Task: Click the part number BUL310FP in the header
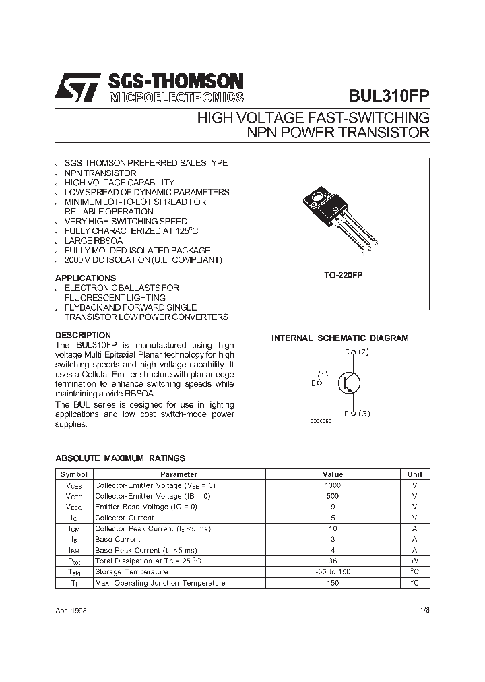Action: coord(388,95)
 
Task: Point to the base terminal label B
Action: coord(313,383)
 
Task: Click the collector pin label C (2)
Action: coord(357,352)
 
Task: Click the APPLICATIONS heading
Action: coord(86,278)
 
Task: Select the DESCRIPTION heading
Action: coord(83,335)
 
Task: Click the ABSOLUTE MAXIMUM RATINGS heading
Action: coord(120,458)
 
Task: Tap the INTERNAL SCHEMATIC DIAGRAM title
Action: coord(339,338)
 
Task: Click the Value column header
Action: coord(333,474)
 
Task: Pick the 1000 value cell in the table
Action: coord(333,485)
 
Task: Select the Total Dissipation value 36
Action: coord(333,561)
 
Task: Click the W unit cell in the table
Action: coord(414,561)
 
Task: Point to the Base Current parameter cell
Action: coord(118,539)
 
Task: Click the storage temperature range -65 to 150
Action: coord(333,571)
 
